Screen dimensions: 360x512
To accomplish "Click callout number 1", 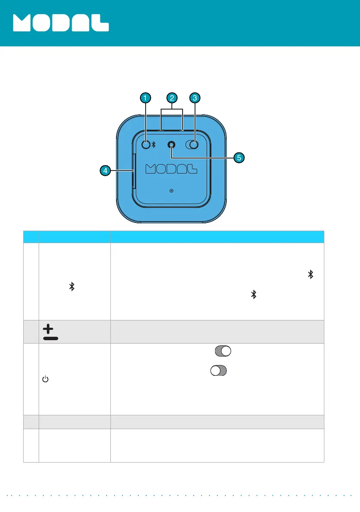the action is pyautogui.click(x=146, y=98).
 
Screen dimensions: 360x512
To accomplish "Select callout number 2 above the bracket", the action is pyautogui.click(x=172, y=98).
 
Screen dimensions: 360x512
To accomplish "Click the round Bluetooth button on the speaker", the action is pyautogui.click(x=146, y=145).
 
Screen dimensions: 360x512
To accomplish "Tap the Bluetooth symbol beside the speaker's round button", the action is pyautogui.click(x=153, y=145).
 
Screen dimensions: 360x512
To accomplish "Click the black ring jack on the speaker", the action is pyautogui.click(x=172, y=145).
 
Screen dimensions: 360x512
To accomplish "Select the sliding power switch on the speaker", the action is pyautogui.click(x=192, y=145).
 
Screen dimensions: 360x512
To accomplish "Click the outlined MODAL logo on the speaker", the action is pyautogui.click(x=171, y=168).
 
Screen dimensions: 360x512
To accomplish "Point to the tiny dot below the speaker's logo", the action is pyautogui.click(x=171, y=190).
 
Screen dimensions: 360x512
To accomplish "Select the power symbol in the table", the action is pyautogui.click(x=44, y=379).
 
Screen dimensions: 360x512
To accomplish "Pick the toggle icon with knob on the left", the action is pyautogui.click(x=218, y=371).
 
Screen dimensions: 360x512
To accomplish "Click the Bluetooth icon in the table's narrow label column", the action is pyautogui.click(x=73, y=286).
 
